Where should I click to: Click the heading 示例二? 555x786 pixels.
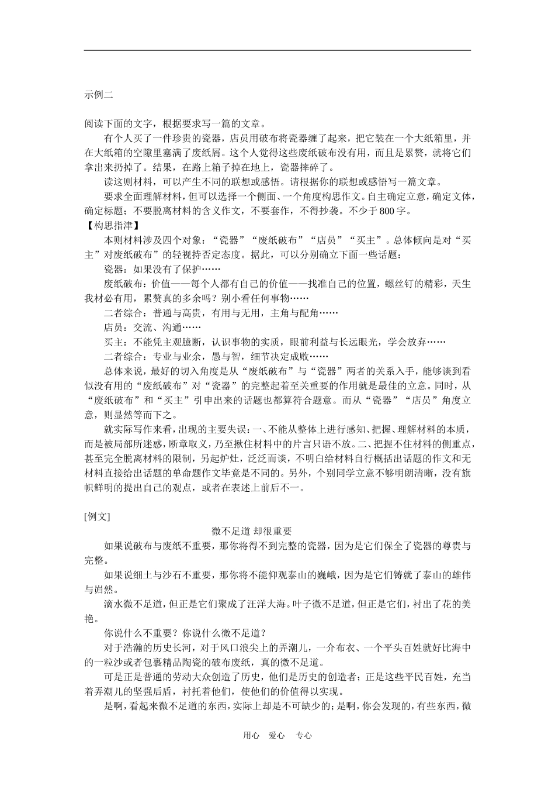coord(98,95)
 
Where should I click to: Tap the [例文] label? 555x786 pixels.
coord(97,516)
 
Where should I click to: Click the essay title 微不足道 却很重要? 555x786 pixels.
coord(252,531)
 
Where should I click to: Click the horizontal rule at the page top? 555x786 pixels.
coord(277,50)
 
